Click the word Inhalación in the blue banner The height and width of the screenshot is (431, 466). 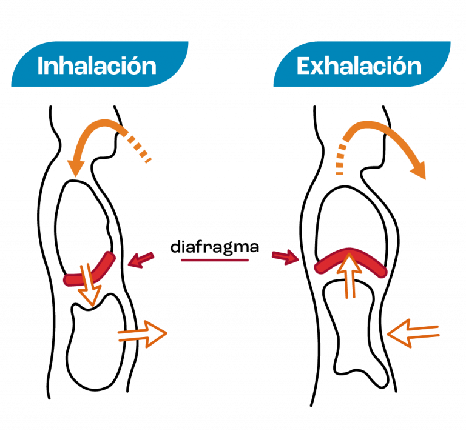click(97, 65)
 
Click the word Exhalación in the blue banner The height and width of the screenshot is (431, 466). click(359, 65)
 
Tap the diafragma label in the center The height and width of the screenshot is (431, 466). click(215, 247)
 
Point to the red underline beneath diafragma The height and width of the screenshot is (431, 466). click(215, 260)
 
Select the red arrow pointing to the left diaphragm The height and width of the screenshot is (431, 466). click(141, 260)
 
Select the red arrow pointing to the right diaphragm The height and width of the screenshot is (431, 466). click(285, 257)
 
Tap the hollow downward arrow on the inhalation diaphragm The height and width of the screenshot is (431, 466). click(89, 285)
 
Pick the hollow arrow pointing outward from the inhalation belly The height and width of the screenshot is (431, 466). click(143, 334)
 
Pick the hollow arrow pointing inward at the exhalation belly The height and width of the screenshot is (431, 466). click(413, 333)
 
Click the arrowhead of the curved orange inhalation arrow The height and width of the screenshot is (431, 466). click(76, 168)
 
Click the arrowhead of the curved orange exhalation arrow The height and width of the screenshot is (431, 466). click(419, 171)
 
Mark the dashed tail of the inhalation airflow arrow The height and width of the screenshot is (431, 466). click(138, 148)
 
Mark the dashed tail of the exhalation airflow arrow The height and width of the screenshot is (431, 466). click(340, 158)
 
